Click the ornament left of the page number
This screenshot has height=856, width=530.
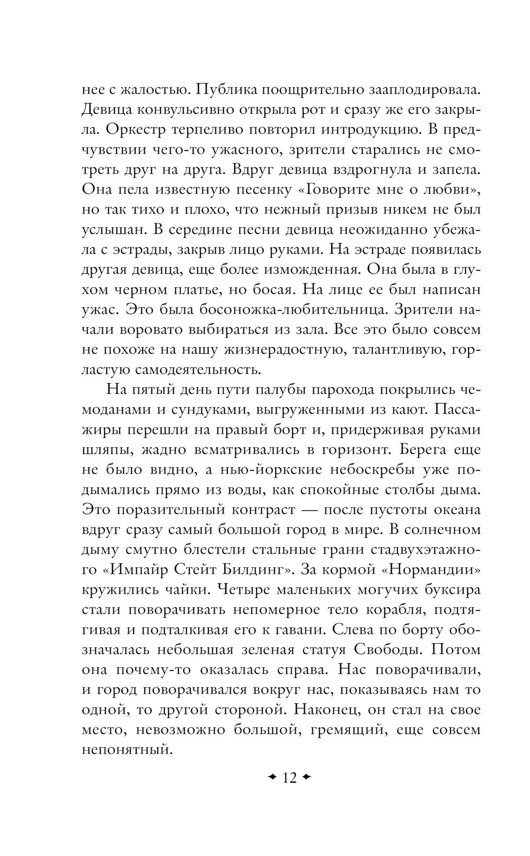pos(272,778)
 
